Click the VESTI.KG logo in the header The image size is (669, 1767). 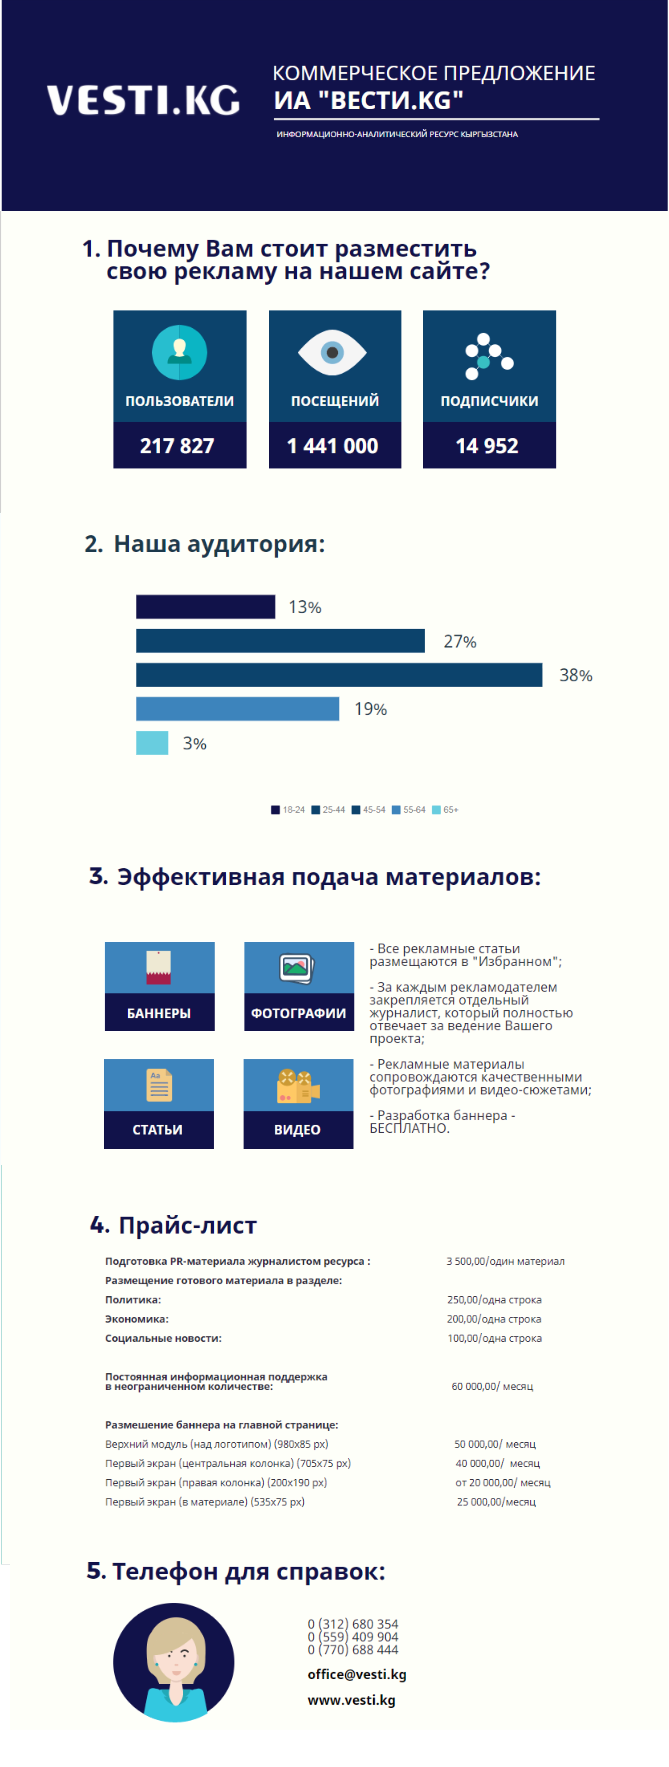(143, 100)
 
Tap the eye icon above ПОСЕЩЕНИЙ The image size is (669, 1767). (332, 353)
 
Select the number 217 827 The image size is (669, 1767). (177, 446)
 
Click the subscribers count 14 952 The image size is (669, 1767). (487, 446)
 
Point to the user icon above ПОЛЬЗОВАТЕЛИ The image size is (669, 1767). (179, 352)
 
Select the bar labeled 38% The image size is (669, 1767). (339, 675)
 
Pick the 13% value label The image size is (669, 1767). (305, 607)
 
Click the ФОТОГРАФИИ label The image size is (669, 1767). (298, 1013)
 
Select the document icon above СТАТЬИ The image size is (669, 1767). (159, 1085)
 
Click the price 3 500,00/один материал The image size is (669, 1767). (506, 1261)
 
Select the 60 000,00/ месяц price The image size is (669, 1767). (492, 1386)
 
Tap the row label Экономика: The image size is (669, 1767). (136, 1319)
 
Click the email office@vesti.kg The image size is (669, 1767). (357, 1674)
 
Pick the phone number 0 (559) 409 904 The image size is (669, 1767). (353, 1637)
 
